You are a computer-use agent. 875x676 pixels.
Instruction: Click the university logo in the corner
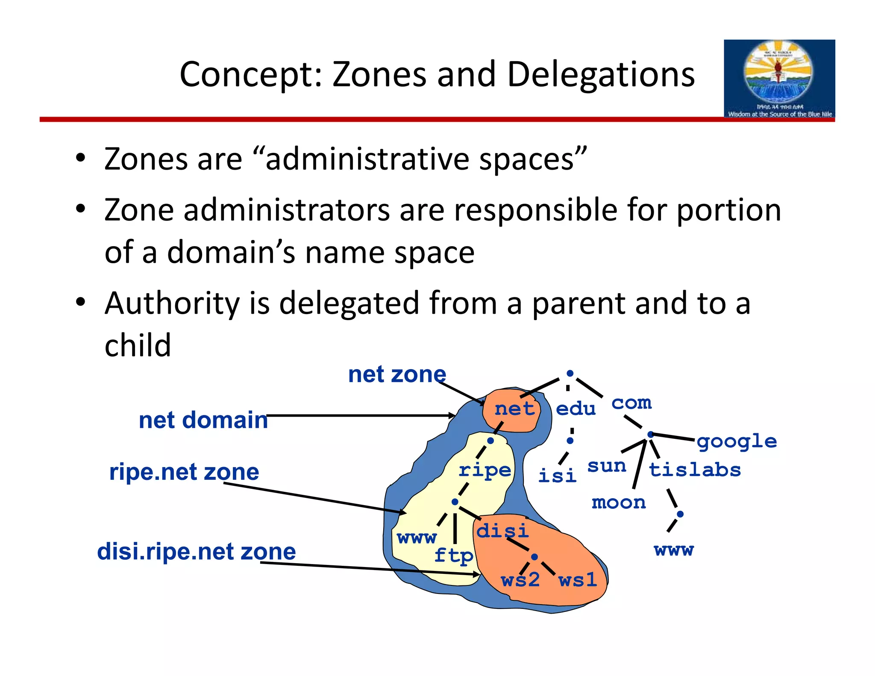click(779, 79)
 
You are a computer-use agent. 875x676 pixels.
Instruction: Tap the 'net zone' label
click(396, 374)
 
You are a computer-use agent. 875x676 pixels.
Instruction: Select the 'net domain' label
click(203, 420)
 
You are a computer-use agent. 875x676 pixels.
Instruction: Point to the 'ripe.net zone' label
click(184, 472)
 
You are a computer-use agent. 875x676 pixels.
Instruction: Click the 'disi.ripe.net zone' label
click(196, 551)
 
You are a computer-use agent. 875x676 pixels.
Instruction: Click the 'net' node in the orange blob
click(514, 409)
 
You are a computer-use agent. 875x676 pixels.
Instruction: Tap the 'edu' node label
click(575, 409)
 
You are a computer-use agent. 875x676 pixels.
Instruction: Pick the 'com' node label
click(631, 403)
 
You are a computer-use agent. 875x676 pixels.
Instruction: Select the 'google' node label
click(737, 442)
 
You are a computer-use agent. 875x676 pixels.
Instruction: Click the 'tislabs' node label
click(694, 470)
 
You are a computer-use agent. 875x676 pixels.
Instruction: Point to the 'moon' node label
click(618, 503)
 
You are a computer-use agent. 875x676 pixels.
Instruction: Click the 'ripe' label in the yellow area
click(484, 470)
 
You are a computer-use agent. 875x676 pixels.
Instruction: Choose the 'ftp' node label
click(453, 556)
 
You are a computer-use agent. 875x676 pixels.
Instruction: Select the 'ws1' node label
click(577, 580)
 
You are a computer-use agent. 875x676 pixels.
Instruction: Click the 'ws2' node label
click(520, 580)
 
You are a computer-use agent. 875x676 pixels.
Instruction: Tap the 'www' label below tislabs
click(673, 550)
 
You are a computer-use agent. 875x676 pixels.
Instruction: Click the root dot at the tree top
click(570, 373)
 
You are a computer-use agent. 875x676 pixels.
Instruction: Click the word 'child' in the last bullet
click(138, 345)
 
